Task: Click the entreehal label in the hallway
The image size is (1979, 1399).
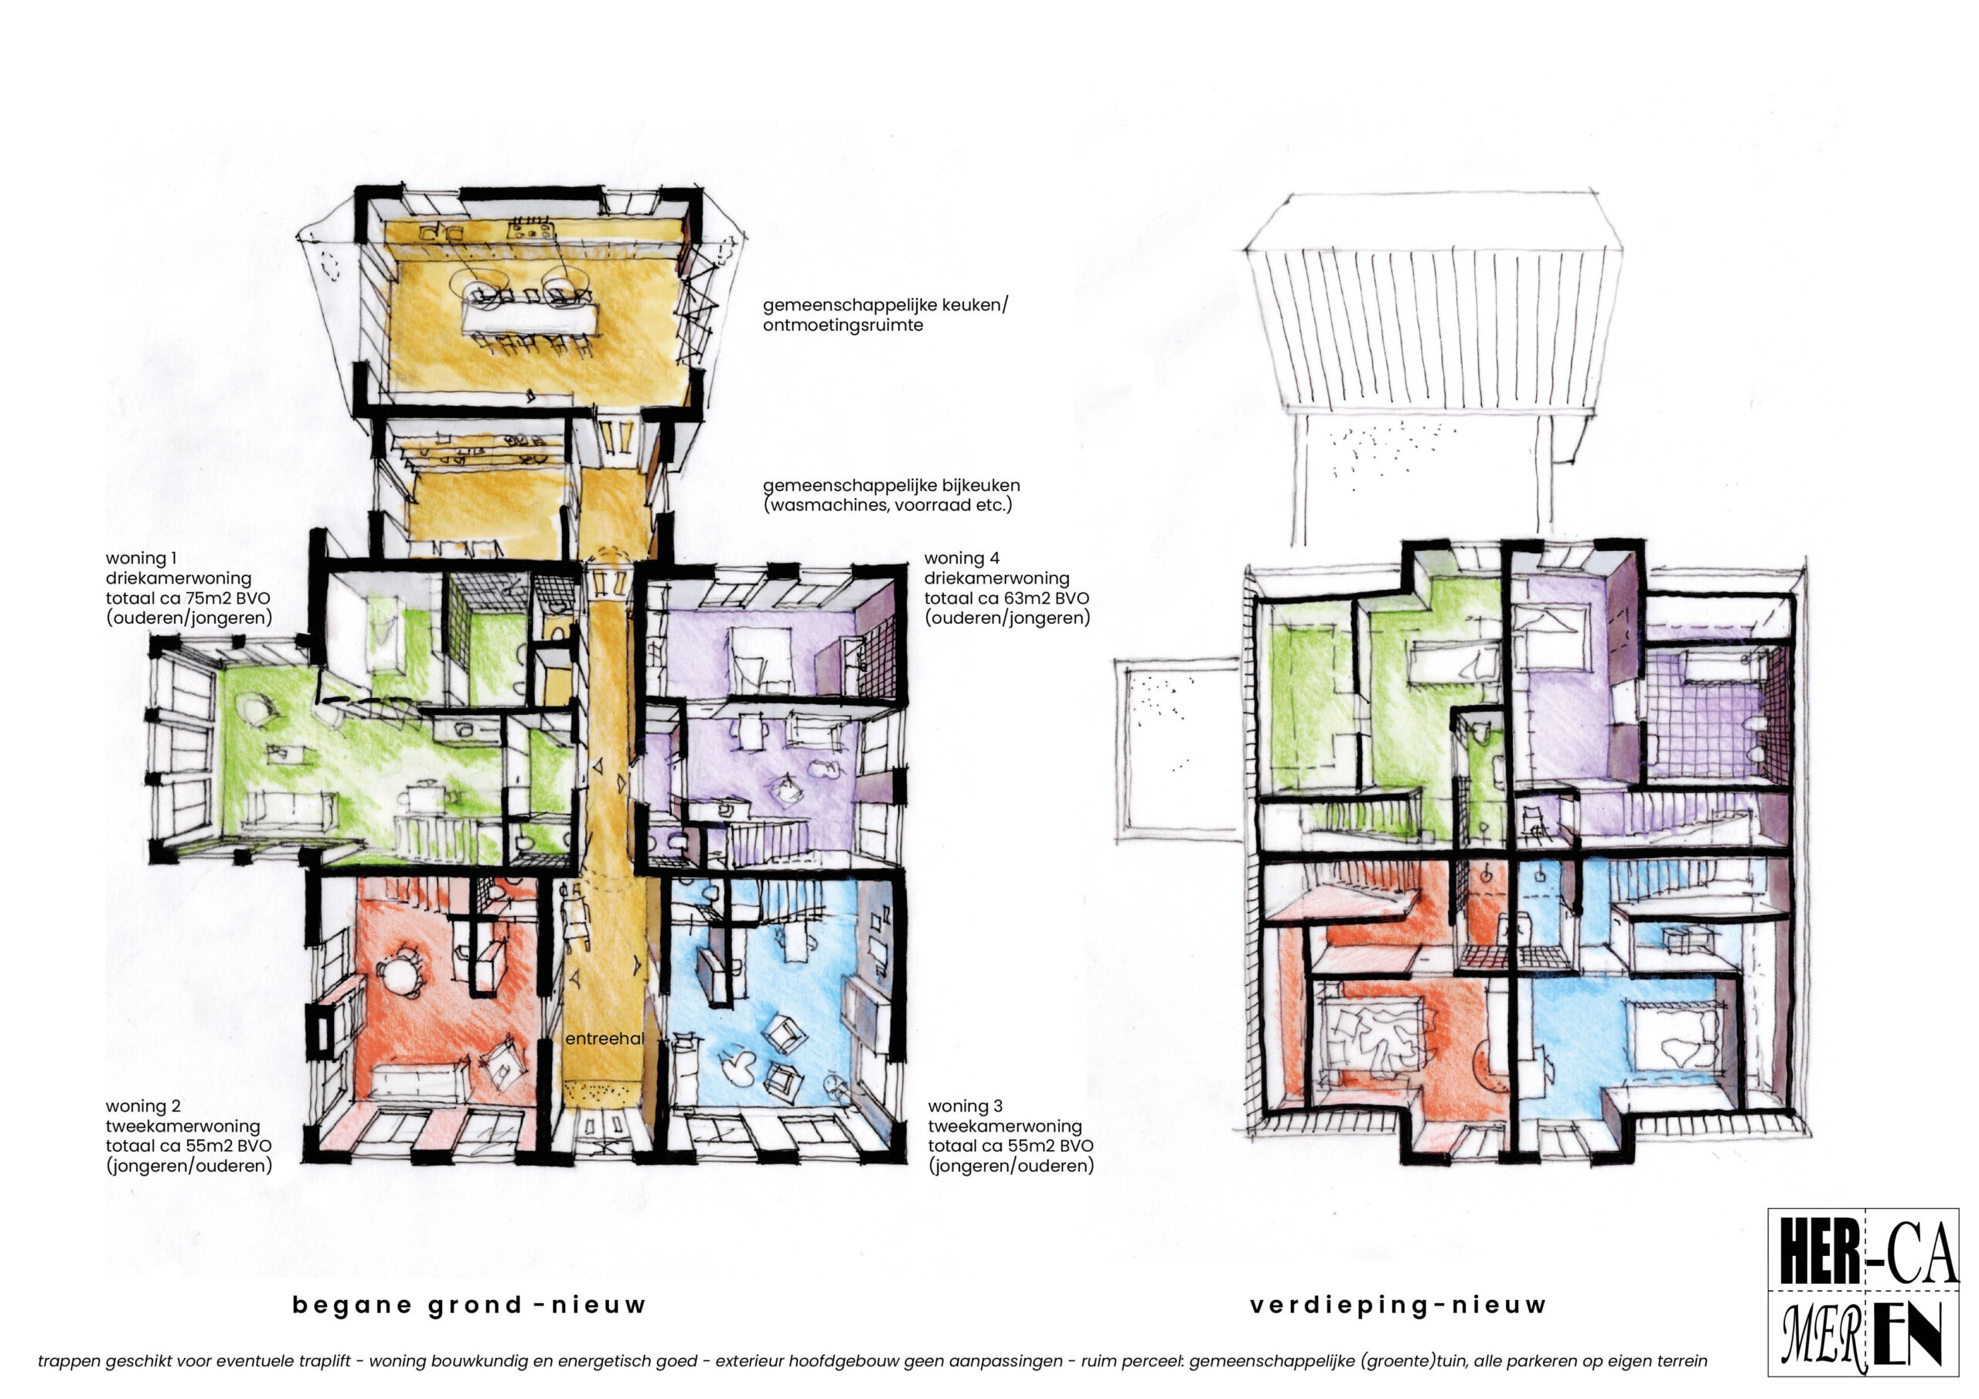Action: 605,1039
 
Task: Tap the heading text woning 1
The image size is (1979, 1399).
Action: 141,559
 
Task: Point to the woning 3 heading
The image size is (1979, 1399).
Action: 966,1106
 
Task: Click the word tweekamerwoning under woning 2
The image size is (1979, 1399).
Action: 182,1125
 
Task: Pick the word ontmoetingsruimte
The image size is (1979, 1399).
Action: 843,325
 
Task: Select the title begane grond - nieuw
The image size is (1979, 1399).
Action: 469,1305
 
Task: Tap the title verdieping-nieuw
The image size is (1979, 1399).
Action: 1398,1305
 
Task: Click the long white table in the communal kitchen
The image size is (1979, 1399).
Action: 528,315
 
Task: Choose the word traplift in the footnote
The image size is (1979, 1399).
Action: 325,1361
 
